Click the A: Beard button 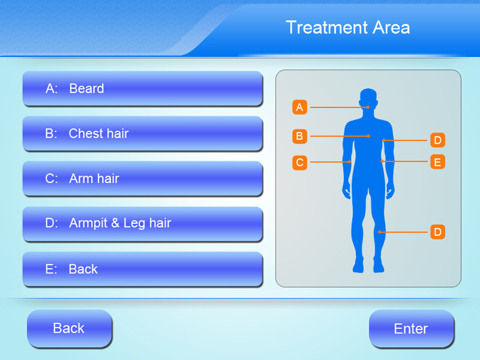click(142, 89)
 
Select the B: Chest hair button click(142, 134)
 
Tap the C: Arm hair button click(142, 179)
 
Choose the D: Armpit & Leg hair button click(142, 224)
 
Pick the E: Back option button click(142, 269)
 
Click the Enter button click(411, 329)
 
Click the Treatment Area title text click(348, 28)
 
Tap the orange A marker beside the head click(300, 107)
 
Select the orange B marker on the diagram click(300, 136)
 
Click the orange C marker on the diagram click(300, 163)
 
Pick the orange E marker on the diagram click(437, 162)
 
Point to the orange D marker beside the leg click(437, 232)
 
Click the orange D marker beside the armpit click(437, 140)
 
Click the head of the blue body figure click(368, 99)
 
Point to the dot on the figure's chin click(368, 107)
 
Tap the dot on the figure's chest click(369, 136)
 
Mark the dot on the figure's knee click(380, 232)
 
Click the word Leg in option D click(134, 224)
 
